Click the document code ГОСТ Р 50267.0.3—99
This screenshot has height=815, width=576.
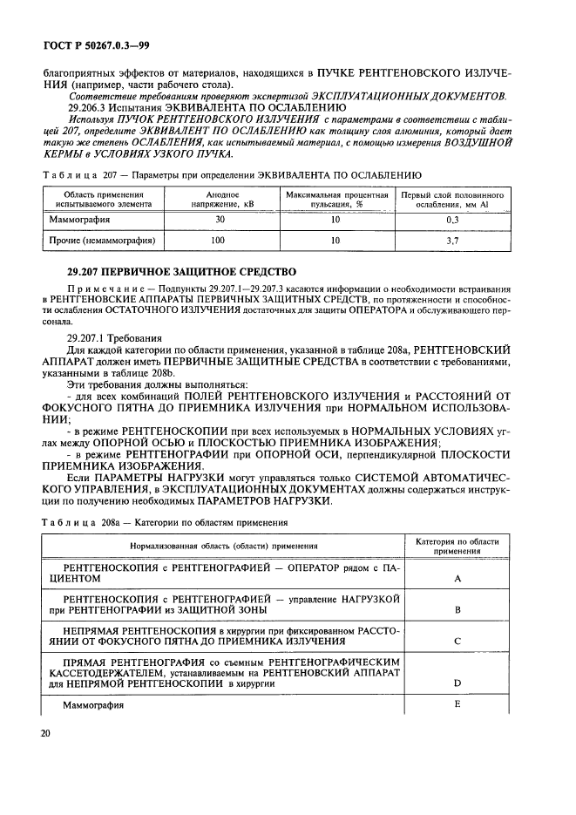[87, 44]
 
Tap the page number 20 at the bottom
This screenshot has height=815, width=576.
[46, 734]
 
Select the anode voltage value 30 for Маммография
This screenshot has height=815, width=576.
[220, 221]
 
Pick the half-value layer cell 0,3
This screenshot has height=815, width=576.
[452, 221]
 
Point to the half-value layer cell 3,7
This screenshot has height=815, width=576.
[452, 239]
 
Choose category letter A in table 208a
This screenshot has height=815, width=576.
[457, 578]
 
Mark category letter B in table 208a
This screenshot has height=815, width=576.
[457, 610]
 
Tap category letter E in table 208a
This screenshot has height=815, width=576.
[457, 703]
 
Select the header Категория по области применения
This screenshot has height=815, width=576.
[457, 547]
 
